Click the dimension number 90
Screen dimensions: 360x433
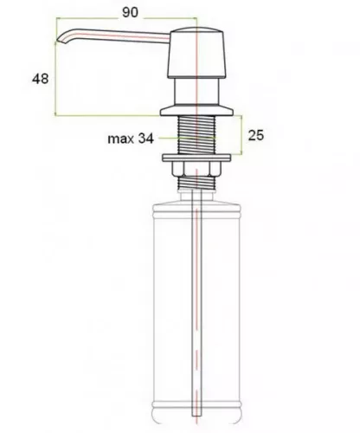tap(130, 12)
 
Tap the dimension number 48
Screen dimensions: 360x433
tap(40, 79)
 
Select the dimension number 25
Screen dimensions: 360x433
tap(256, 135)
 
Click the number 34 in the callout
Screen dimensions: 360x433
tap(145, 139)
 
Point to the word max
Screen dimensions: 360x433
tap(120, 139)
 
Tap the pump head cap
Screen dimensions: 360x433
tap(196, 53)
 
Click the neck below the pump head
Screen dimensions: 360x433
tap(196, 92)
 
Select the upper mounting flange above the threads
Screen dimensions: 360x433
tap(196, 110)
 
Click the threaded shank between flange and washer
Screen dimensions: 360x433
tap(196, 134)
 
